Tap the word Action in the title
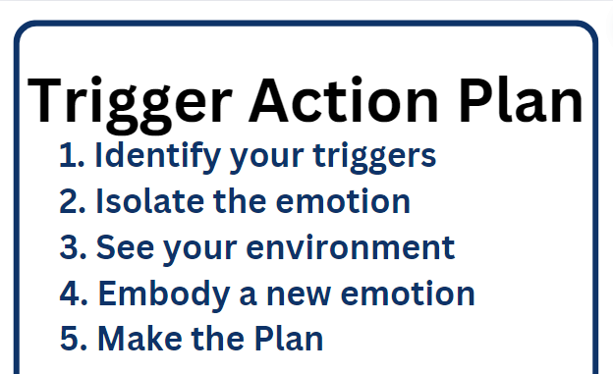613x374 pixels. (344, 100)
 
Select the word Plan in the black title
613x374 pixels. (521, 100)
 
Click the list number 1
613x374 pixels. (72, 155)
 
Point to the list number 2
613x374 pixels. (73, 201)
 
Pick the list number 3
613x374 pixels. (73, 247)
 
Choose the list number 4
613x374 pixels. (74, 293)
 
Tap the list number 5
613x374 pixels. (74, 339)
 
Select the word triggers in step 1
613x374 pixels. (374, 158)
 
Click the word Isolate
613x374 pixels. (149, 201)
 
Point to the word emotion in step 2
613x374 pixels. (343, 201)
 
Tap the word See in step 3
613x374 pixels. (125, 247)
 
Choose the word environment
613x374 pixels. (351, 247)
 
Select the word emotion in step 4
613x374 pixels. (408, 294)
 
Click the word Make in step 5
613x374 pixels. (139, 339)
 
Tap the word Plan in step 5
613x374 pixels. (289, 339)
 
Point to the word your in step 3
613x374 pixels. (200, 250)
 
